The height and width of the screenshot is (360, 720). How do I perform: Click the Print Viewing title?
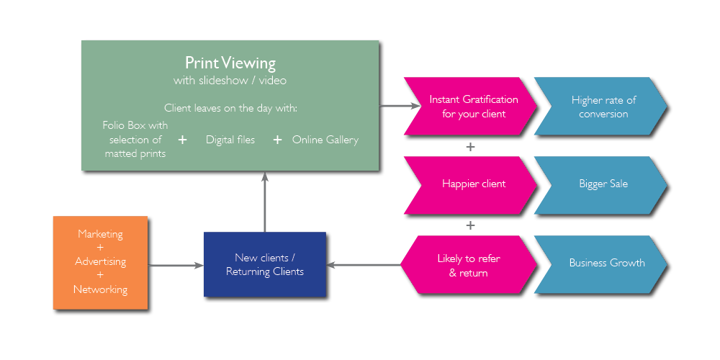click(x=230, y=63)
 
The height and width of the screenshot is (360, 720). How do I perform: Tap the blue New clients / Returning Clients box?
click(x=265, y=265)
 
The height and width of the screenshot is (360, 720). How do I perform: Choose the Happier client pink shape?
click(x=472, y=184)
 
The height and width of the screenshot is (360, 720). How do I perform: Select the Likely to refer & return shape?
click(x=468, y=265)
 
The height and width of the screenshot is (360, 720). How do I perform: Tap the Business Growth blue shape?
click(x=605, y=263)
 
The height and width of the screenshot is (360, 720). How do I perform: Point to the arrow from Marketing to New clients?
click(x=177, y=266)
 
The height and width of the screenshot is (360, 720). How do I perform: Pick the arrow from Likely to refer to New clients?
click(x=364, y=265)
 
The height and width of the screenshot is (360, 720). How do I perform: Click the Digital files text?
click(x=230, y=140)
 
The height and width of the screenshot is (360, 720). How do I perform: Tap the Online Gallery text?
click(x=325, y=140)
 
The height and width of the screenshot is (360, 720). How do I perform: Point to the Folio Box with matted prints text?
click(x=135, y=139)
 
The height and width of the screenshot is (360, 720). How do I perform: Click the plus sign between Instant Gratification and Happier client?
click(x=470, y=147)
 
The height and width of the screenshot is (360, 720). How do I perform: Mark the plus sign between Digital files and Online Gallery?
click(x=277, y=140)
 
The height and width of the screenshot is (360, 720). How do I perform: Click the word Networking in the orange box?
click(x=100, y=289)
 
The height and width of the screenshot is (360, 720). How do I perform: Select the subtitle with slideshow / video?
click(x=230, y=80)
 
